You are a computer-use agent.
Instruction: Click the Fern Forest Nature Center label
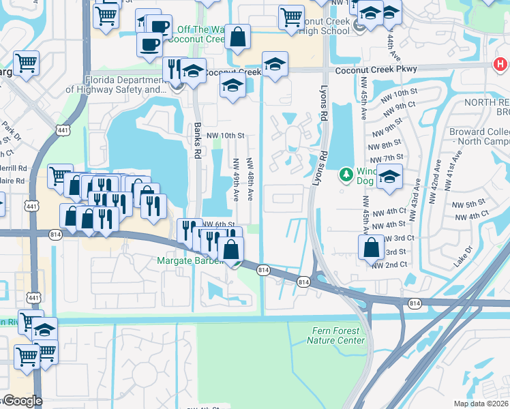(x=335, y=335)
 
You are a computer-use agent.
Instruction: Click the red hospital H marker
(x=500, y=65)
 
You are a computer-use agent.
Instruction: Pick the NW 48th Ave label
(x=250, y=180)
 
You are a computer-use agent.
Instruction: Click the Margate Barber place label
(x=190, y=260)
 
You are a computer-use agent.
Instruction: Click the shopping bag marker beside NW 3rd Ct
(x=371, y=247)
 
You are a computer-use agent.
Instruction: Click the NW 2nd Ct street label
(x=389, y=264)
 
